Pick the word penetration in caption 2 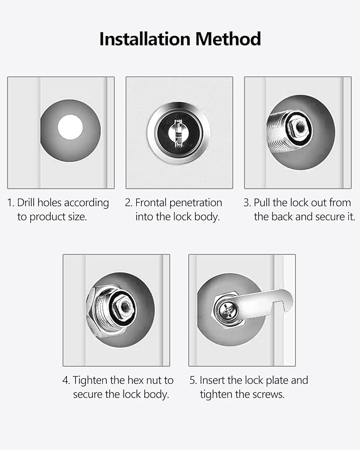(197, 202)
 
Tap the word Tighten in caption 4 (91, 380)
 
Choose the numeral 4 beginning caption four (65, 380)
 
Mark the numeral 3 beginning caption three (246, 202)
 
